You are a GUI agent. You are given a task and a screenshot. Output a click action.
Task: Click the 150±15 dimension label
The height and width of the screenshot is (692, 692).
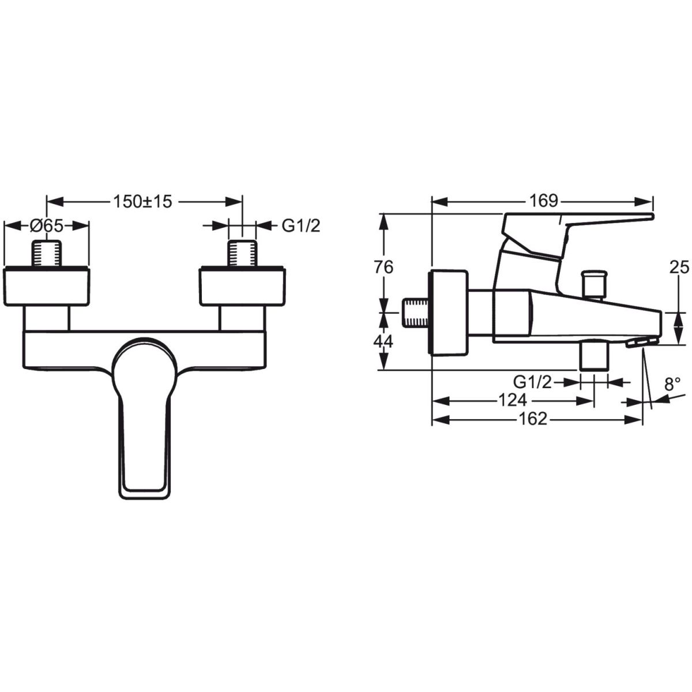pos(143,201)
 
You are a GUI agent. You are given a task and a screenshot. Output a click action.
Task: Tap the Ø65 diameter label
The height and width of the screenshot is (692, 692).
pos(46,226)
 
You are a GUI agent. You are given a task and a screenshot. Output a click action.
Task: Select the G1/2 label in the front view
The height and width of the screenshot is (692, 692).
pos(300,226)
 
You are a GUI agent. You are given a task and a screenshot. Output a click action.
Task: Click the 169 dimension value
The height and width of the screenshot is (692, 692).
pos(544,201)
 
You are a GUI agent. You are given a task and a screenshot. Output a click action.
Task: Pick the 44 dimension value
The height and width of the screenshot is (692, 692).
pos(383,341)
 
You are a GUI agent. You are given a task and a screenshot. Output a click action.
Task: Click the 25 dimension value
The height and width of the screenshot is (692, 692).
pos(679,267)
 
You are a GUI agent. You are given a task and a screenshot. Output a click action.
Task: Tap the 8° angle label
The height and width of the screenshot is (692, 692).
pos(672,385)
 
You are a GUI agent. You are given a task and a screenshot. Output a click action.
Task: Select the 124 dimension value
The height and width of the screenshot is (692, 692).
pos(513,400)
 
